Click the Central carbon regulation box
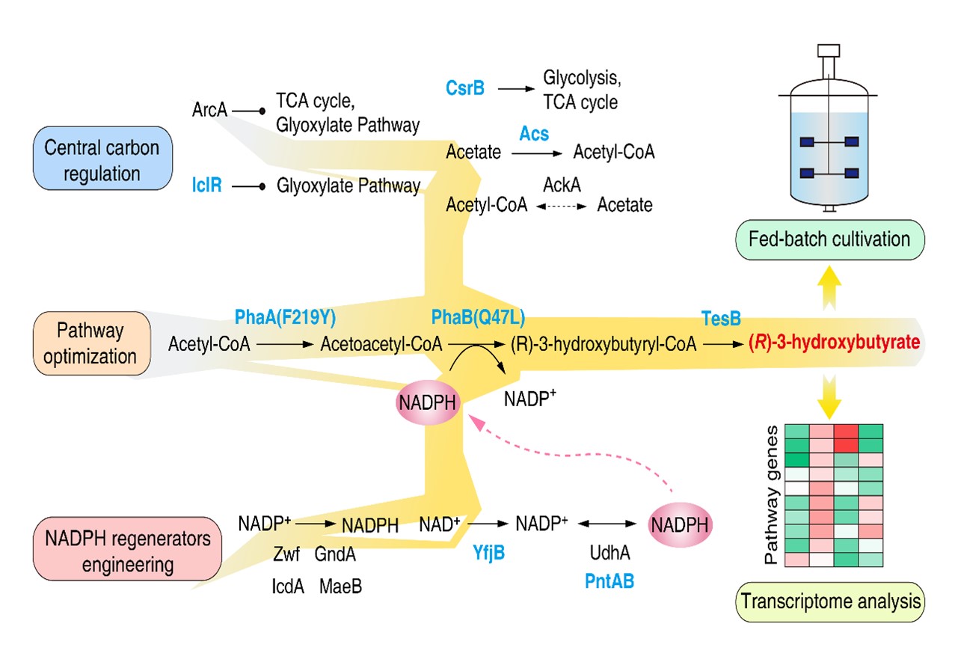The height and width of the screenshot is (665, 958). pyautogui.click(x=102, y=159)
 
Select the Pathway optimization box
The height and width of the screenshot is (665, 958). pyautogui.click(x=93, y=343)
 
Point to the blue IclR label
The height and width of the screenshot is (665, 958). pyautogui.click(x=206, y=185)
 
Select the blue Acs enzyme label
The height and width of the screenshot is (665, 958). pyautogui.click(x=534, y=134)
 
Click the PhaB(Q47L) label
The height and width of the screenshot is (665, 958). pyautogui.click(x=478, y=318)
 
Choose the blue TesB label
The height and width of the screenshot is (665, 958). pyautogui.click(x=721, y=319)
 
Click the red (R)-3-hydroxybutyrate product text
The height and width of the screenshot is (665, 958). pyautogui.click(x=834, y=343)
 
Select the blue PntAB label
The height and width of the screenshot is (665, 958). pyautogui.click(x=610, y=580)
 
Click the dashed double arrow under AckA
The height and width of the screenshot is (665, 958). pyautogui.click(x=562, y=204)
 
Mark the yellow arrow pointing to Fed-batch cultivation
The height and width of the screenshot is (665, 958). pyautogui.click(x=828, y=285)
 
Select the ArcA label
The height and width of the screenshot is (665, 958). pyautogui.click(x=209, y=111)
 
